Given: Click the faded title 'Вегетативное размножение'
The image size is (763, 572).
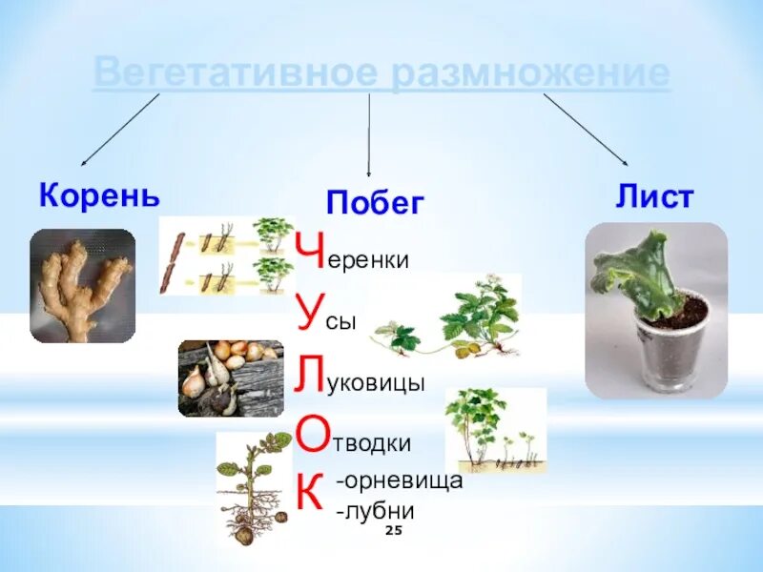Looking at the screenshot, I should pyautogui.click(x=381, y=74).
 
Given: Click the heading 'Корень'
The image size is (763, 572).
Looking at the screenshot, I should pyautogui.click(x=99, y=196).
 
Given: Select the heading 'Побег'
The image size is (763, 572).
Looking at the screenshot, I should pyautogui.click(x=375, y=202).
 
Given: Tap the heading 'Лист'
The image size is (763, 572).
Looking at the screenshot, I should pyautogui.click(x=654, y=197).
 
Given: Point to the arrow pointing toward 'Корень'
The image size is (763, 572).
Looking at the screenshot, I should pyautogui.click(x=119, y=131).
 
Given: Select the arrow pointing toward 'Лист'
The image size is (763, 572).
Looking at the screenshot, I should pyautogui.click(x=586, y=130).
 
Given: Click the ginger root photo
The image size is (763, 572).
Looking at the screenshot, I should pyautogui.click(x=82, y=286).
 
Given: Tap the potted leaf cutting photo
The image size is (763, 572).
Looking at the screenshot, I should pyautogui.click(x=655, y=310).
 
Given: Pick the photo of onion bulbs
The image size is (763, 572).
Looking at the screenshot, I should pyautogui.click(x=231, y=378).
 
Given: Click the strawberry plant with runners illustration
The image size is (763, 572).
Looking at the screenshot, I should pyautogui.click(x=448, y=320).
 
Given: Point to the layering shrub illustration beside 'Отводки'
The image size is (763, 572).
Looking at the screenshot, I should pyautogui.click(x=494, y=431).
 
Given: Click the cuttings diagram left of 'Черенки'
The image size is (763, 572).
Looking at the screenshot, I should pyautogui.click(x=226, y=255).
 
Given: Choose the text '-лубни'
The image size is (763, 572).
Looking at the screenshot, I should pyautogui.click(x=375, y=510).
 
